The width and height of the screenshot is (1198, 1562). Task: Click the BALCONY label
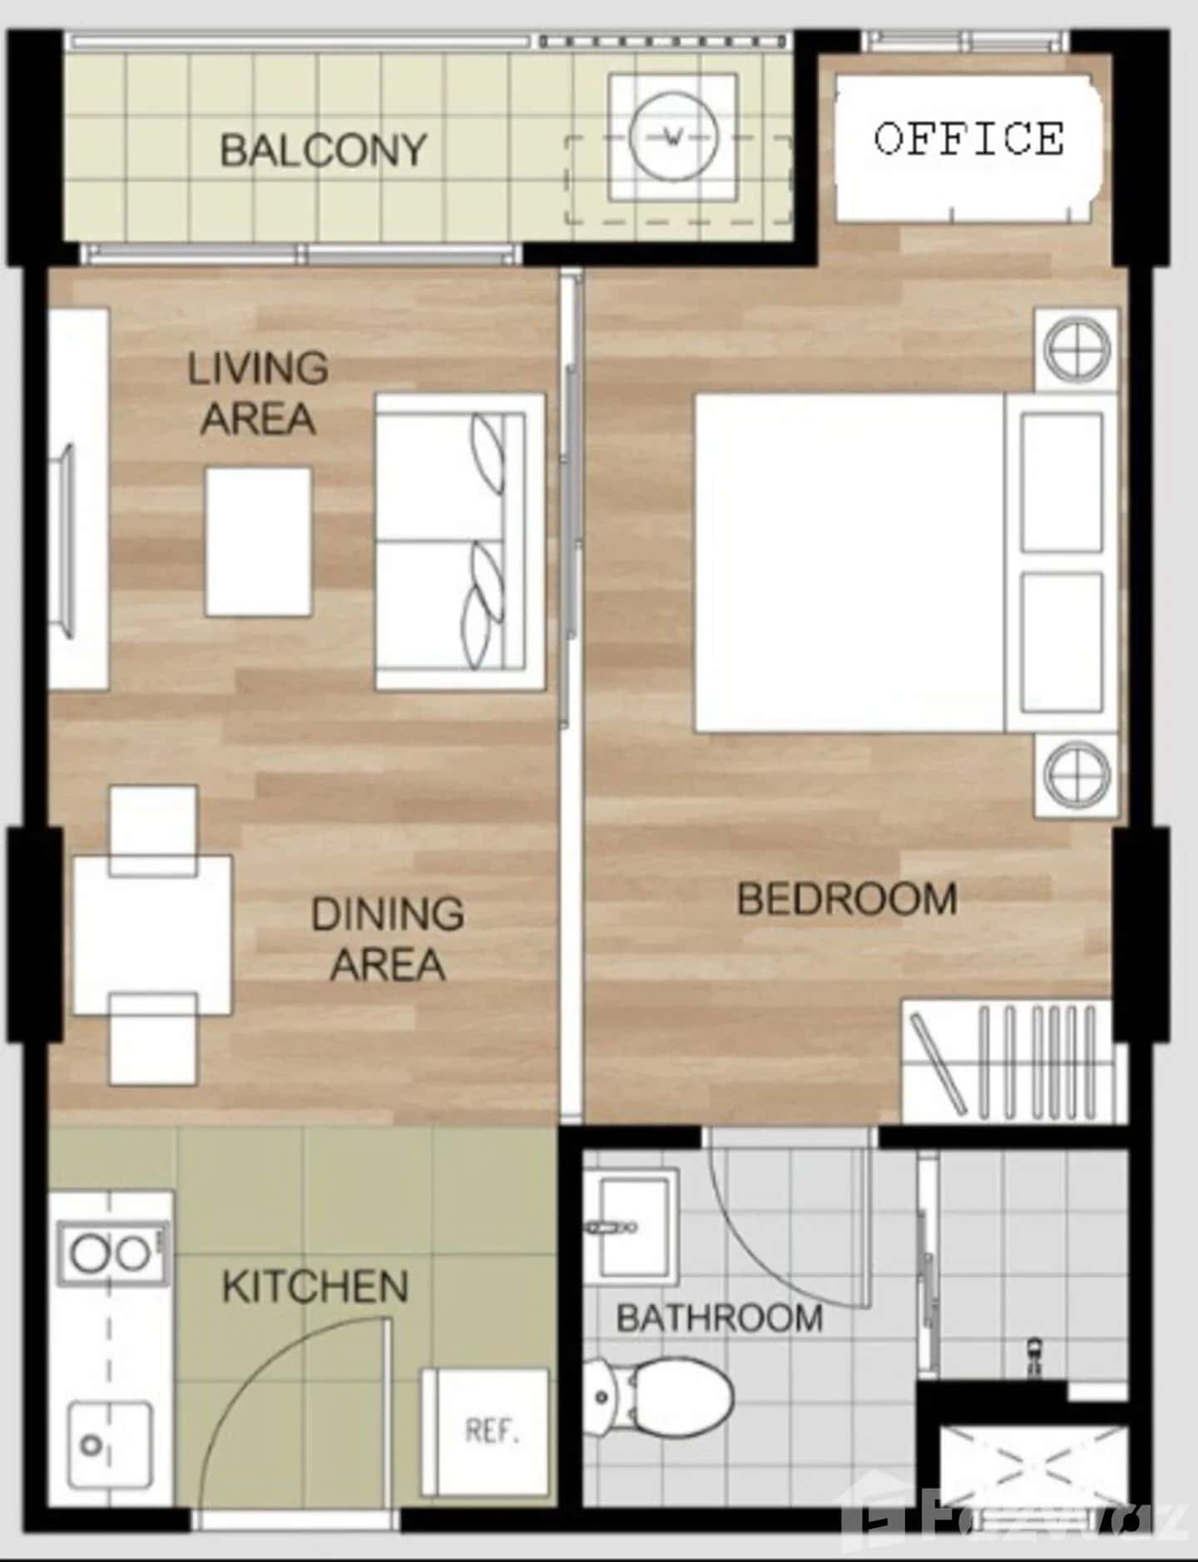tap(323, 151)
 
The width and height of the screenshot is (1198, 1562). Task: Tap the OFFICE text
tap(968, 138)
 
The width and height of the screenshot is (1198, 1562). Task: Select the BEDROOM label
tap(847, 900)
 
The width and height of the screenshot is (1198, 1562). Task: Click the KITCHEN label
tap(315, 1287)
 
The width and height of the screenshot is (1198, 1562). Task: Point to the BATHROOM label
tap(720, 1318)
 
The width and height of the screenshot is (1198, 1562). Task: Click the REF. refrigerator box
tap(488, 1431)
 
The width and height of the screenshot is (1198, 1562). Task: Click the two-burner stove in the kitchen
tap(112, 1253)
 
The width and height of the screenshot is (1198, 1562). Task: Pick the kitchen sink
tap(110, 1445)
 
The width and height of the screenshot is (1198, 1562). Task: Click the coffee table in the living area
tap(259, 542)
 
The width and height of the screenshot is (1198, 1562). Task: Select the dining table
tap(152, 935)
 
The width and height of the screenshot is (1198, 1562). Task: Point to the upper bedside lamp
tap(1077, 349)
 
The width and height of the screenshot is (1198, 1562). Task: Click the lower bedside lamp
tap(1077, 775)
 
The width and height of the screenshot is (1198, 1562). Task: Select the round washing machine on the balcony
tap(672, 136)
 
